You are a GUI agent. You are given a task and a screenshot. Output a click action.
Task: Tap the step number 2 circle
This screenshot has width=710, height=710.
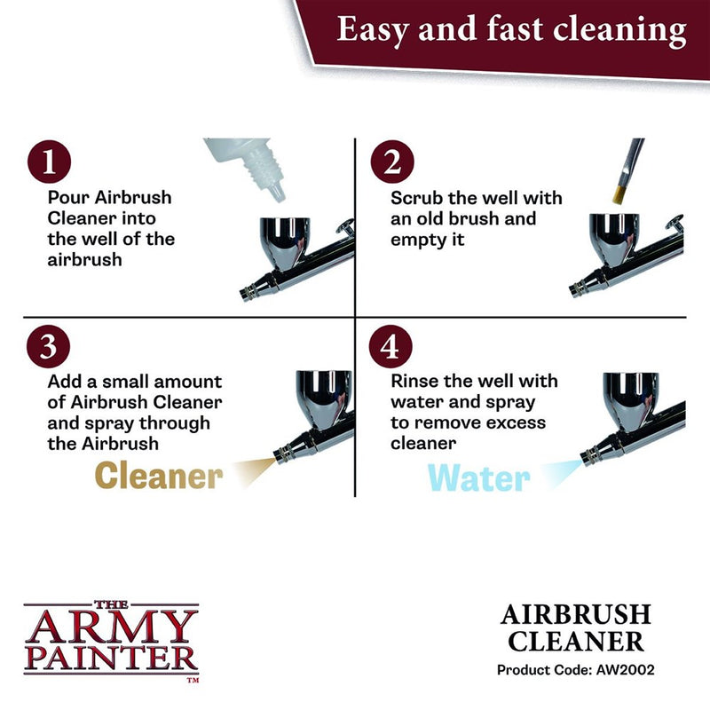(x=398, y=163)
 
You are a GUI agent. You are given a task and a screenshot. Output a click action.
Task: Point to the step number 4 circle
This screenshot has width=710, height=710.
(x=398, y=347)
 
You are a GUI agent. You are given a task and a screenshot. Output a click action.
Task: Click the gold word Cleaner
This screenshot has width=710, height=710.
(x=158, y=476)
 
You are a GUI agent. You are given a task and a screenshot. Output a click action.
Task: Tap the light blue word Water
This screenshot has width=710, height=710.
(x=479, y=477)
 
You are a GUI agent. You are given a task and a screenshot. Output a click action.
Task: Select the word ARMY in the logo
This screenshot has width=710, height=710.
(x=110, y=627)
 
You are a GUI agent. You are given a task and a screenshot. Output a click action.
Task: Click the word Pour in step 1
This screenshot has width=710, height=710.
(x=67, y=197)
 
